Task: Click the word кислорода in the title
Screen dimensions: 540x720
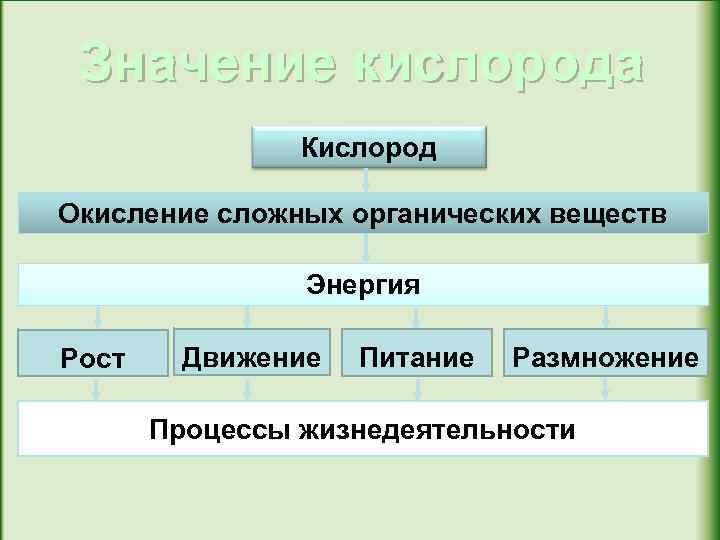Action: [x=500, y=65]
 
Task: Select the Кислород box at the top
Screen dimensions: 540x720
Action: [x=369, y=148]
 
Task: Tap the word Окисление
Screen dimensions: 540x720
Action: [x=126, y=213]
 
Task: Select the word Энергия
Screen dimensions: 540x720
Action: [x=363, y=286]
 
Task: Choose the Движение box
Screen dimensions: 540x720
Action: [x=251, y=355]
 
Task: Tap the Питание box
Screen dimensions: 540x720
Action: [x=417, y=355]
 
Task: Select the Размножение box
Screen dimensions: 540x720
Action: [x=605, y=355]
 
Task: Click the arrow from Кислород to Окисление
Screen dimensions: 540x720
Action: [x=367, y=179]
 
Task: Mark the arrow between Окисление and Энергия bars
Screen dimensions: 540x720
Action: [x=367, y=248]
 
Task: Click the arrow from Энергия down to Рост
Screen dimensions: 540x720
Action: [x=97, y=317]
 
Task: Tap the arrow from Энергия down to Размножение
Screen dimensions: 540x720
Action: [x=606, y=317]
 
